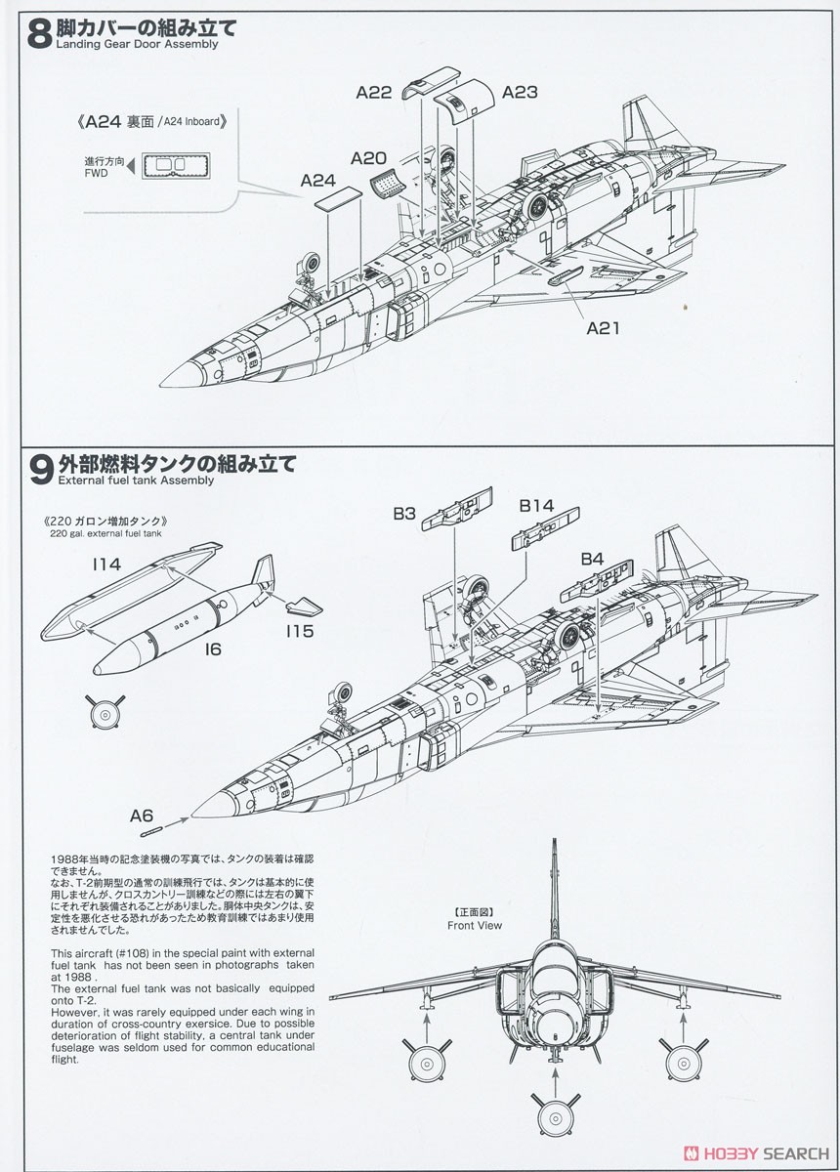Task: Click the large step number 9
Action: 41,469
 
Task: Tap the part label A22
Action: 373,93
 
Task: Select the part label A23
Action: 520,93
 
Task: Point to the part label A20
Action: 368,158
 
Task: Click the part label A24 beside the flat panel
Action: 318,181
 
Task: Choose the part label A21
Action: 604,328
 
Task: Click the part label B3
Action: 404,512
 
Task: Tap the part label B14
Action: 536,506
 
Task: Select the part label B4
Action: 592,559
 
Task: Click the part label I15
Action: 302,631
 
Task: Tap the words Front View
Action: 474,924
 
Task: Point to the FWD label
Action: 96,173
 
